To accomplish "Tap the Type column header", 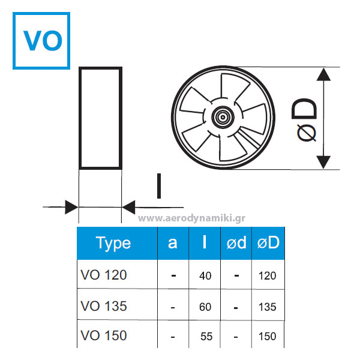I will pos(113,243).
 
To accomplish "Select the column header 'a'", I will pos(173,243).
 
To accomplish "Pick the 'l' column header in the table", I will pos(205,242).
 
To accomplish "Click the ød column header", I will pos(237,243).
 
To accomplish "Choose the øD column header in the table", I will pos(268,243).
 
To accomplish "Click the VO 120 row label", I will pos(104,275).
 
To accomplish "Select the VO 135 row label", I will pos(104,306).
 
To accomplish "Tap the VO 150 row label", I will pos(104,335).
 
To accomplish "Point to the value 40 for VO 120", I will pos(205,276).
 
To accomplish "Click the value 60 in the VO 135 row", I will pos(205,307).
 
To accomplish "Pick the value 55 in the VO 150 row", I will pos(206,337).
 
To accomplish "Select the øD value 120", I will pos(268,276).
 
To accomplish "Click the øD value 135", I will pos(268,307).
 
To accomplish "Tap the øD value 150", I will pos(268,337).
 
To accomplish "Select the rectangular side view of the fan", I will pos(100,118).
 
